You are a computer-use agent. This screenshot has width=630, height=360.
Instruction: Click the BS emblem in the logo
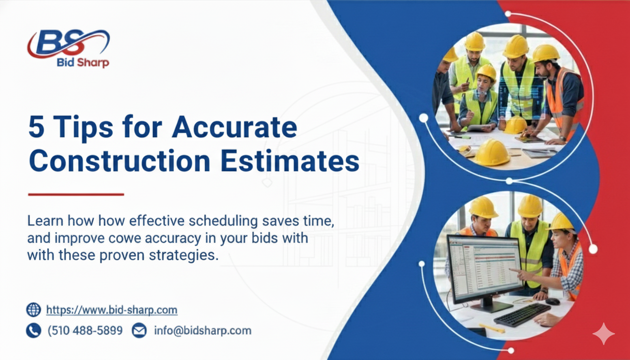pos(67,43)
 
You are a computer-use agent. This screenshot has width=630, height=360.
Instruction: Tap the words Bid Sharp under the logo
pos(82,63)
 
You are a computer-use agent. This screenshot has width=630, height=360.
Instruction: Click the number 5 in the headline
pos(37,127)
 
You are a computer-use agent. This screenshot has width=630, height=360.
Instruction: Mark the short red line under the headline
pos(76,194)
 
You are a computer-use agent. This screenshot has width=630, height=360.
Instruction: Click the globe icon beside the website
pos(34,310)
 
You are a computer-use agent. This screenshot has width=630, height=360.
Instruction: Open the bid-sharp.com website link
pos(112,310)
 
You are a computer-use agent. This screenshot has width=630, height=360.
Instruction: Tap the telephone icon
pos(34,330)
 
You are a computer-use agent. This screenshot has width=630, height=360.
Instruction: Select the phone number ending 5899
pos(85,330)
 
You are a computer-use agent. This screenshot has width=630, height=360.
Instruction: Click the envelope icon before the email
pos(139,330)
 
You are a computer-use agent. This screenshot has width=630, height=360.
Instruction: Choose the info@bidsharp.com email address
pos(202,330)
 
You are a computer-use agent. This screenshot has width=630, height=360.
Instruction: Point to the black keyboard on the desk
pos(521,314)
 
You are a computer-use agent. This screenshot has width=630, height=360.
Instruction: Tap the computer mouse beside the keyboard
pos(553,301)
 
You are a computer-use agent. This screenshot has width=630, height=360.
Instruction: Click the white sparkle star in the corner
pos(603,334)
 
